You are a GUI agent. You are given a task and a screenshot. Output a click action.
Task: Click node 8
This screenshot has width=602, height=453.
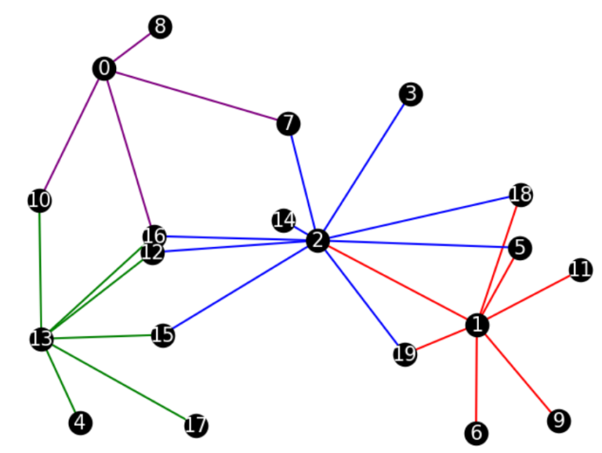160,27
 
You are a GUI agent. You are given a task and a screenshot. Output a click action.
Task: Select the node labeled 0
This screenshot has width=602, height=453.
103,69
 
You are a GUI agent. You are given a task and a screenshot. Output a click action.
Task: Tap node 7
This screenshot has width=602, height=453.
288,123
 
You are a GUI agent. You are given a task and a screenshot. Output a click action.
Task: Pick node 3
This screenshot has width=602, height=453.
410,95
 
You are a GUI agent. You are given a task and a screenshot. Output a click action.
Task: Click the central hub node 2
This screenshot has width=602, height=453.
317,241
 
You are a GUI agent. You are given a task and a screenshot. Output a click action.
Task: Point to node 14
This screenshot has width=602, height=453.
284,220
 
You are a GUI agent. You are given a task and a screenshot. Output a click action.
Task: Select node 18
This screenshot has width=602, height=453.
520,194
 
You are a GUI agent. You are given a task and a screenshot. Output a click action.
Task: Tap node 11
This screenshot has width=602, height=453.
580,270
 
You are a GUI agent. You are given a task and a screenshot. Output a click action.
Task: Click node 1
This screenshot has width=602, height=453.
477,324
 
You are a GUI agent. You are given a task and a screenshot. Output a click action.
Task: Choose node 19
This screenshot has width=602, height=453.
405,354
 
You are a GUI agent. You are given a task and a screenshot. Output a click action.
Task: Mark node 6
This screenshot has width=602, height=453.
476,432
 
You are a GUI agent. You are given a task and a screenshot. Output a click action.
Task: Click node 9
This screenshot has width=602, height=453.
559,421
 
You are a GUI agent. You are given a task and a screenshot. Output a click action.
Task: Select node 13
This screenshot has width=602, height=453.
41,339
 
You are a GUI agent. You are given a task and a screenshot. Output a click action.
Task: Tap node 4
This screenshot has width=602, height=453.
80,423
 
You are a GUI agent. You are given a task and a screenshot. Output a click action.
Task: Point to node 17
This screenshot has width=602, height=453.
196,426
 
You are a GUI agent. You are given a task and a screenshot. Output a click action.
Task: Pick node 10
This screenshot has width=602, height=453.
39,201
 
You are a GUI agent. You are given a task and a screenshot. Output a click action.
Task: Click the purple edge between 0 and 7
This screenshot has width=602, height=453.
196,96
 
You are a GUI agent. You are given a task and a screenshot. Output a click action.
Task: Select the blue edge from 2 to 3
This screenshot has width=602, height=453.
364,168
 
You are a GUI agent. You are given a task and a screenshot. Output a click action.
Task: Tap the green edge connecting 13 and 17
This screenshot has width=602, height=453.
118,382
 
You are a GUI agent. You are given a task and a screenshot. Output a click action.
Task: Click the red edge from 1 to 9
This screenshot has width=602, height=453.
518,373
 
